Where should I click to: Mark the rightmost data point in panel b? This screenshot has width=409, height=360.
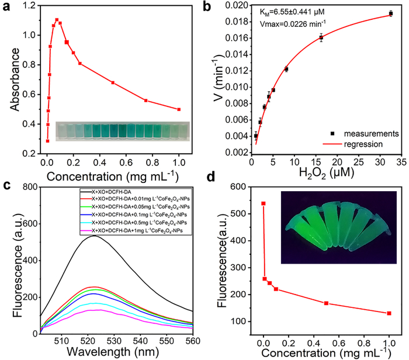point(390,13)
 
